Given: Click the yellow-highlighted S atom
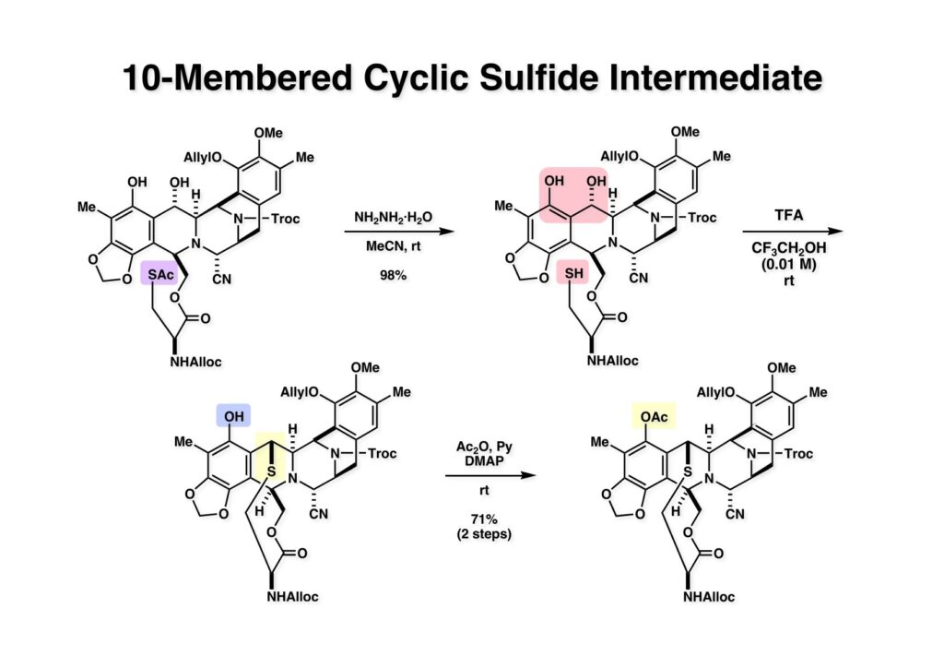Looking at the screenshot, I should [x=271, y=471].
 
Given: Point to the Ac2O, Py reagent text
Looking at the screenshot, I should [x=484, y=447].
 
